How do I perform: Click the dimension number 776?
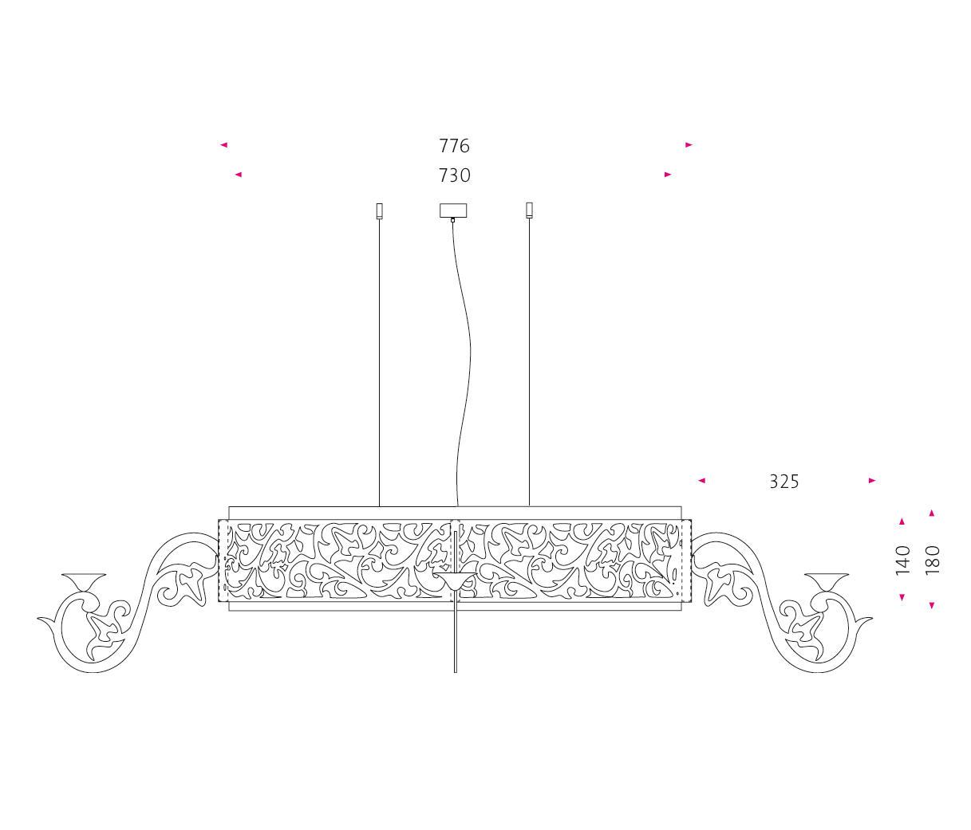point(454,146)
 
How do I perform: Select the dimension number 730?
point(454,175)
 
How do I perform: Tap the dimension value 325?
point(784,482)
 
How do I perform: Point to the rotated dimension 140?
point(902,560)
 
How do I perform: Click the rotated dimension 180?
point(933,560)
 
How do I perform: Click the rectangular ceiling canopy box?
point(453,210)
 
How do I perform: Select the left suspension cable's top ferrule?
point(380,210)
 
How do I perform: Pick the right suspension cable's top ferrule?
point(530,210)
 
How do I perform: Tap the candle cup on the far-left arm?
point(84,582)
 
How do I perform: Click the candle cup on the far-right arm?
point(827,582)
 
